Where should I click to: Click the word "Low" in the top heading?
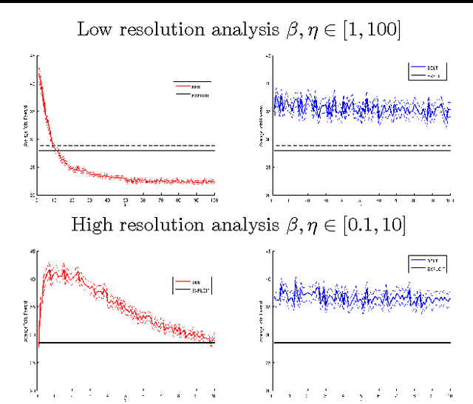tap(95, 30)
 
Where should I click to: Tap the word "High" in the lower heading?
tap(89, 225)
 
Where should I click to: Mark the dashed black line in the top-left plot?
tap(148, 145)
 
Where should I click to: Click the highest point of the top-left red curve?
tap(38, 68)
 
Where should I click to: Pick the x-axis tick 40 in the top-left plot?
tap(108, 200)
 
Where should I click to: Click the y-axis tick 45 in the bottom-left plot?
tap(33, 252)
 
